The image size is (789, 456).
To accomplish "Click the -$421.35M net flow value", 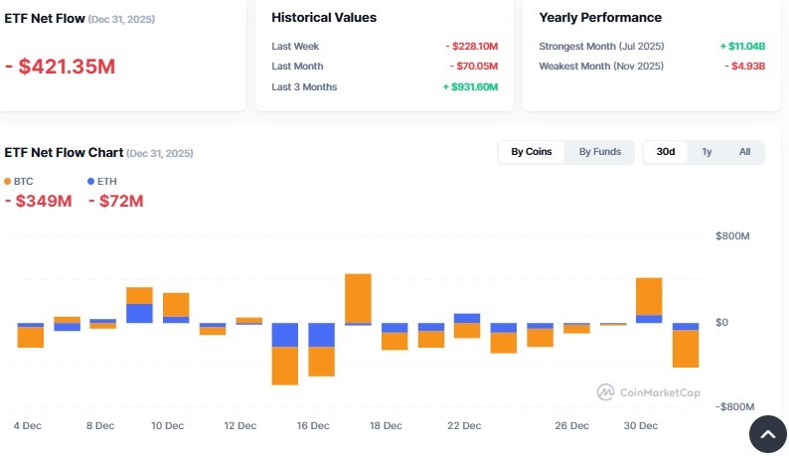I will [x=61, y=67].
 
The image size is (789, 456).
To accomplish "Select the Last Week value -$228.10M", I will [x=471, y=46].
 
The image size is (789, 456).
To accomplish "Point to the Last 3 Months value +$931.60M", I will [x=469, y=86].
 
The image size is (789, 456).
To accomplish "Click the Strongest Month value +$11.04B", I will [x=741, y=46].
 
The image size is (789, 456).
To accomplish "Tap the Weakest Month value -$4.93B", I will [x=744, y=66].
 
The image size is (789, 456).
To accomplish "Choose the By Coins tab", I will [x=532, y=152].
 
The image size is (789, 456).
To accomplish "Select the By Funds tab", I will [x=600, y=152].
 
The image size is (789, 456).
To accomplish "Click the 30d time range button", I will [x=666, y=152].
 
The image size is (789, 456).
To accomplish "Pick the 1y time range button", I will [x=707, y=152].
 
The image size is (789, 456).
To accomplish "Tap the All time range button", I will [x=744, y=152].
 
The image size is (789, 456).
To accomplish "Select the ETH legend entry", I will [x=104, y=182].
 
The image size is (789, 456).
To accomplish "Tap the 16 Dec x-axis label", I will [x=313, y=425].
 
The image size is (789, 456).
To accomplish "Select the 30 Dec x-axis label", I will [x=641, y=425].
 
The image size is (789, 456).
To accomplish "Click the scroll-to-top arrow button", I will [x=767, y=433].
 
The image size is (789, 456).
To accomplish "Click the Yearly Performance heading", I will [x=599, y=17].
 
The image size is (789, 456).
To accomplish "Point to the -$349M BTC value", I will [x=38, y=202].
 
